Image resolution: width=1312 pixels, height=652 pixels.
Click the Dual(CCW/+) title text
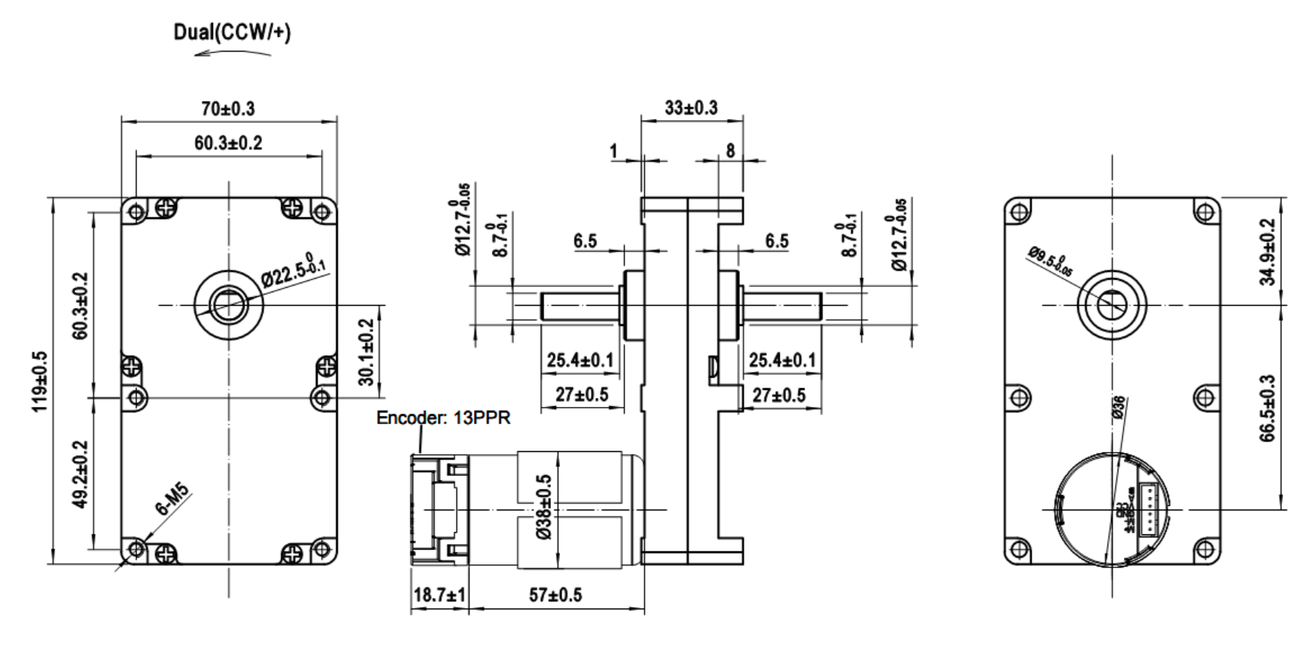click(232, 32)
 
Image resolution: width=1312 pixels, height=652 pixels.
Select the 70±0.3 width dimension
click(228, 109)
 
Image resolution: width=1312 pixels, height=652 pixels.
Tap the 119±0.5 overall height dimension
click(40, 381)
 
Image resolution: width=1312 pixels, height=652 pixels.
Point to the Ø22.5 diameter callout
click(293, 272)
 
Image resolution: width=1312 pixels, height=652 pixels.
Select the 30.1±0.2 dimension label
click(366, 352)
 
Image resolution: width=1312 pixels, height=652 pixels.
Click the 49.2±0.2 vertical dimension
click(80, 474)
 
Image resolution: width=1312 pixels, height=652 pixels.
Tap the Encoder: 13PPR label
click(443, 417)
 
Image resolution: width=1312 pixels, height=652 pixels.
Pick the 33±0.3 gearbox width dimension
click(690, 108)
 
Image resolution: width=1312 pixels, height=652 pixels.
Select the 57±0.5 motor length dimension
click(555, 595)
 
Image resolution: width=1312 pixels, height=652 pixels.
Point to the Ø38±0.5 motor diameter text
click(544, 507)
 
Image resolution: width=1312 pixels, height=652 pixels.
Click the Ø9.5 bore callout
click(1050, 262)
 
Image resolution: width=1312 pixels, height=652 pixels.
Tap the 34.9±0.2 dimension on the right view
click(1266, 252)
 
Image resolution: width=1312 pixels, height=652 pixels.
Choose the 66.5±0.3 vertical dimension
click(1266, 408)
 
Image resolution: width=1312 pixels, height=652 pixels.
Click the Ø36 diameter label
click(1118, 408)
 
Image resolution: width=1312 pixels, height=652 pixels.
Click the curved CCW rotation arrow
click(232, 53)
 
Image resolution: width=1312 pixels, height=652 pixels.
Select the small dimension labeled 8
click(729, 151)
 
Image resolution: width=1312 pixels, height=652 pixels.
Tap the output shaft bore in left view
click(228, 305)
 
